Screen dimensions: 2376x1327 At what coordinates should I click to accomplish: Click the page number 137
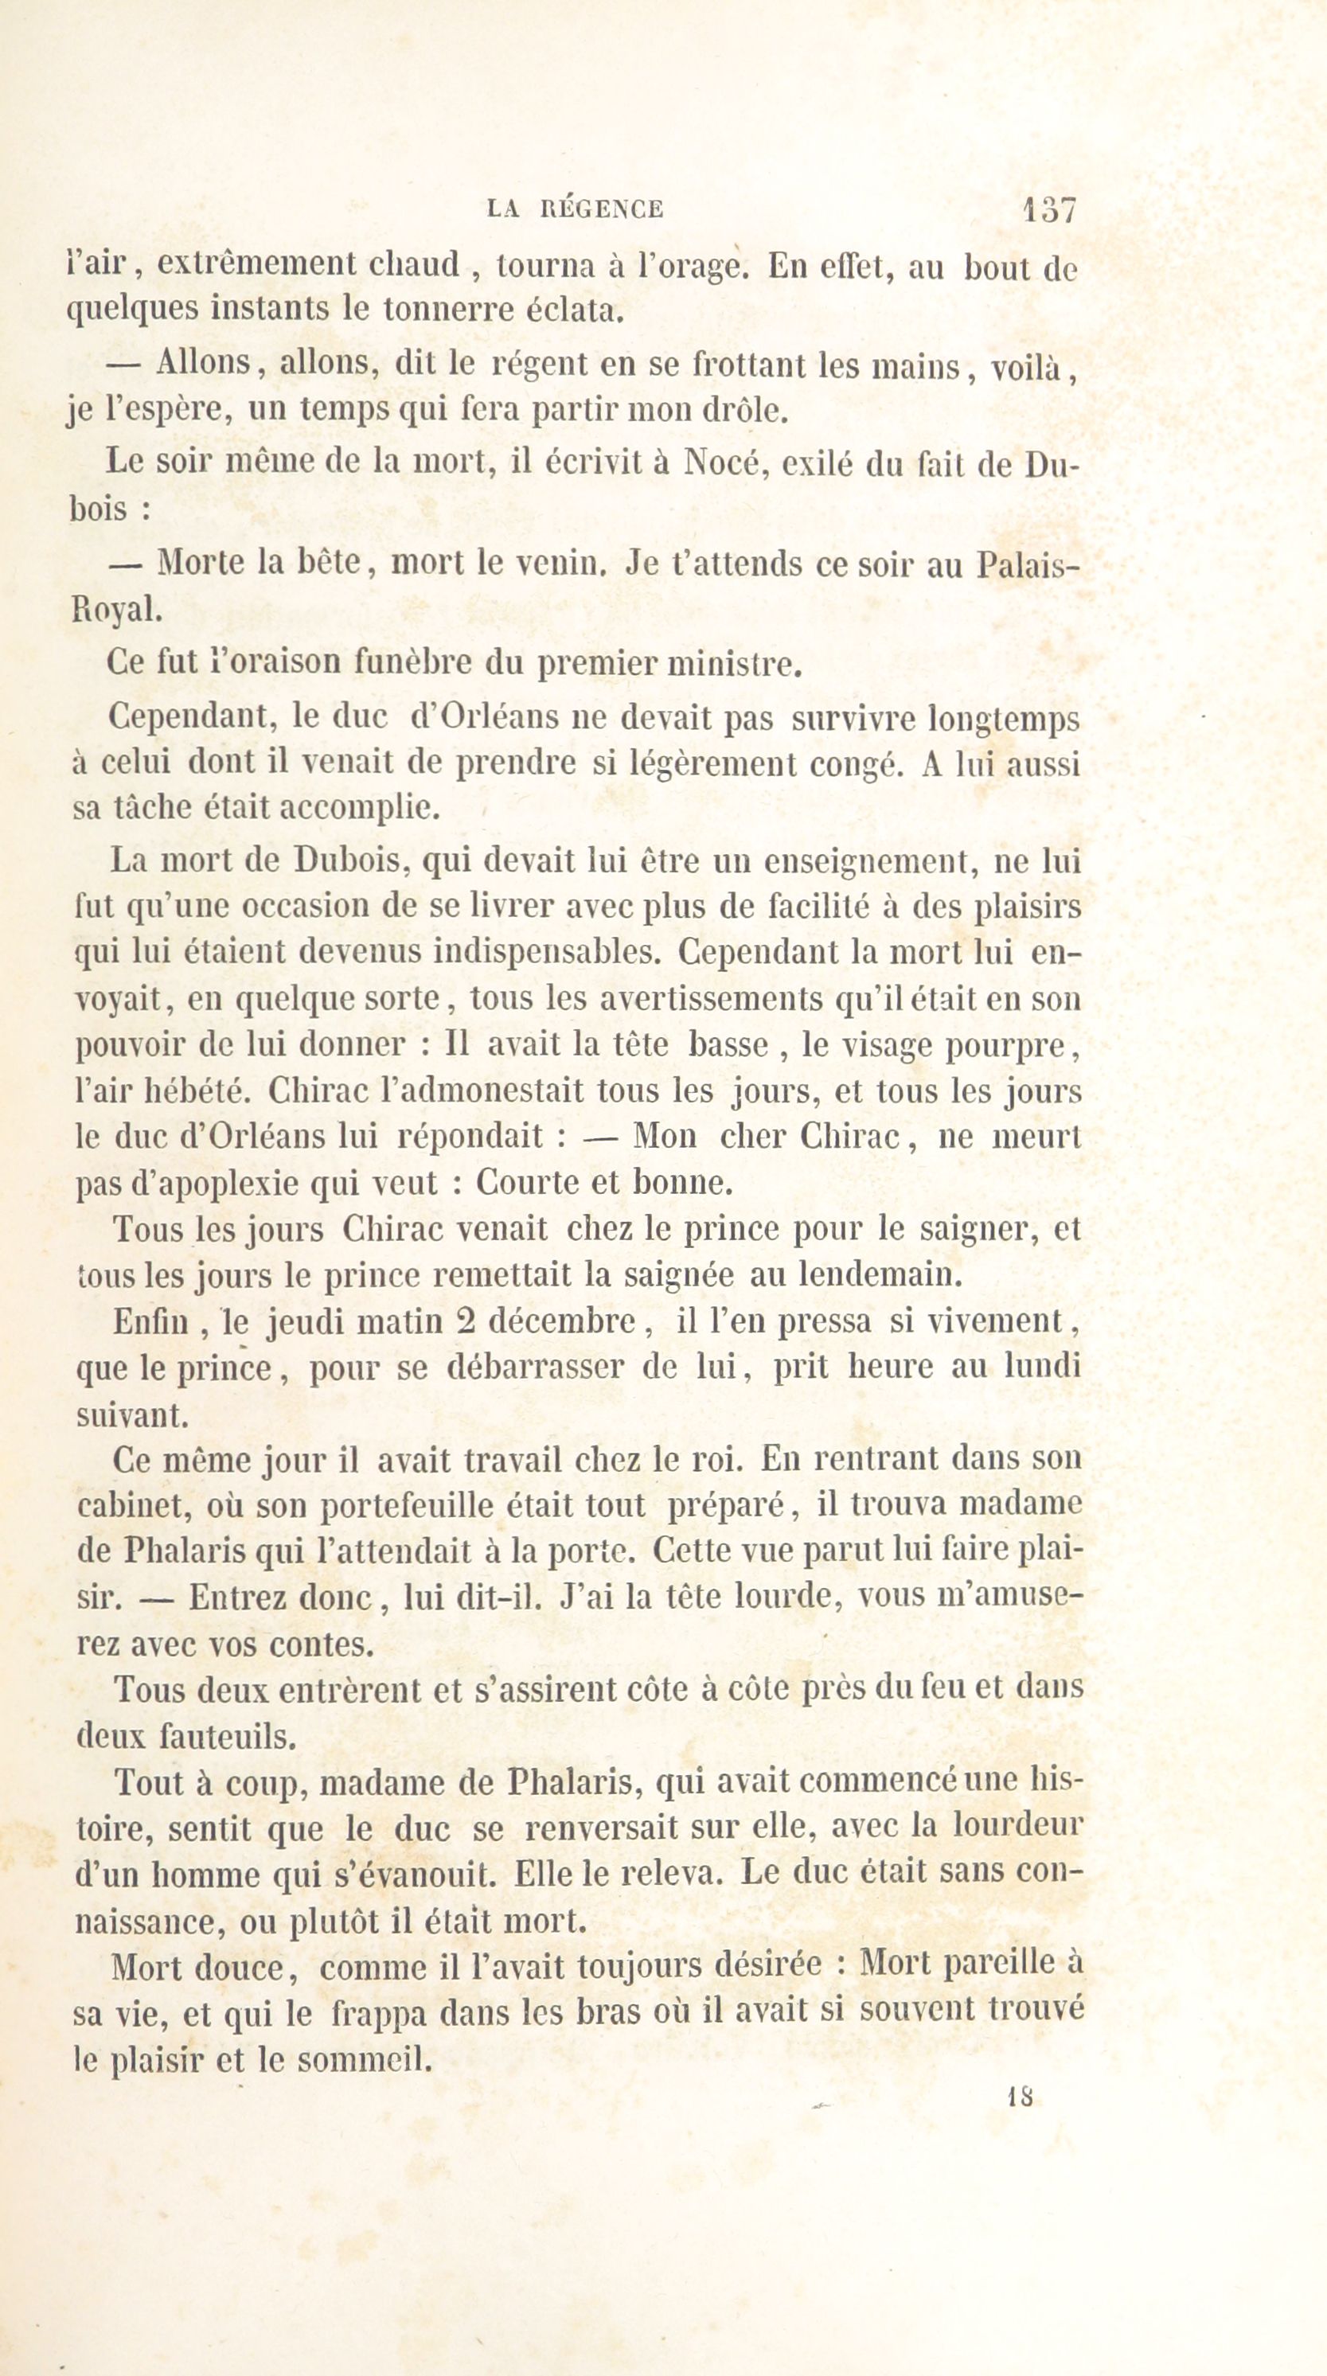pyautogui.click(x=1048, y=210)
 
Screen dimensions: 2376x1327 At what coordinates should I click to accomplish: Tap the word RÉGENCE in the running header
pyautogui.click(x=600, y=210)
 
